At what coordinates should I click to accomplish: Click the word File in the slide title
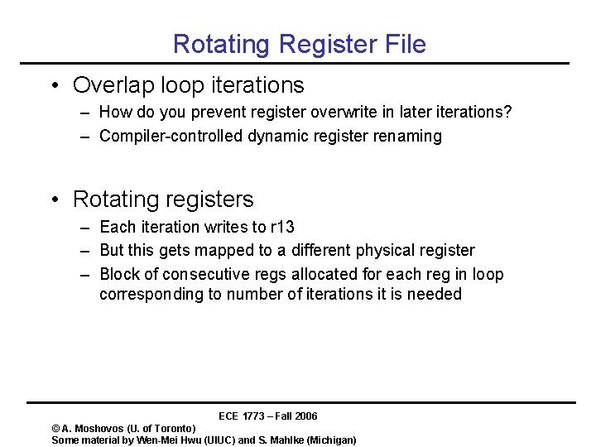tap(401, 44)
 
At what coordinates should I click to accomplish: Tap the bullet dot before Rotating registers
tap(53, 200)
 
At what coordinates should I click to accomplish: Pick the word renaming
tap(408, 137)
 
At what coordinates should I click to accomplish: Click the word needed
tap(435, 295)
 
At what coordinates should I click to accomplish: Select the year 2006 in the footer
tap(305, 416)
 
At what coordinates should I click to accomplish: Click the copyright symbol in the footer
tap(55, 429)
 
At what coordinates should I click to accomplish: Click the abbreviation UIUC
tap(219, 440)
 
